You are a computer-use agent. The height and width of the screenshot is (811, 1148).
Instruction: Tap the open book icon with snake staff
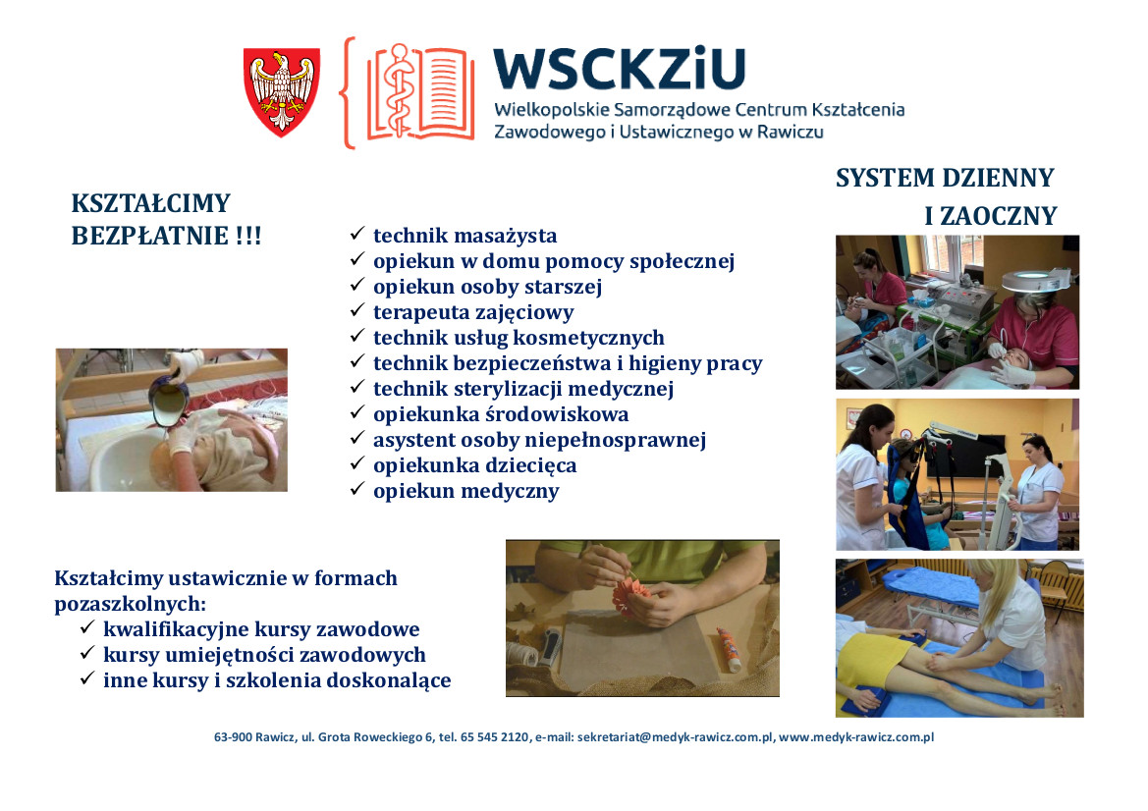coord(420,92)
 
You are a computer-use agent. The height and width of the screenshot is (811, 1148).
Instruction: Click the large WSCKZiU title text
coord(620,69)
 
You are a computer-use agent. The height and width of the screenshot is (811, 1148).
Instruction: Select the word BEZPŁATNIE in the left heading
coord(149,236)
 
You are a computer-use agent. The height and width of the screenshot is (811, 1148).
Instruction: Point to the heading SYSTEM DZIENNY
coord(945,178)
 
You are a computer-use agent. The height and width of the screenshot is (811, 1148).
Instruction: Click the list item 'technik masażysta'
coord(465,236)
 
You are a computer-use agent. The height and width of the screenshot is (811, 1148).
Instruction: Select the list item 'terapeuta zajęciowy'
coord(473,312)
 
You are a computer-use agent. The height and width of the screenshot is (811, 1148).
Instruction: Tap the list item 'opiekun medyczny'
coord(465,491)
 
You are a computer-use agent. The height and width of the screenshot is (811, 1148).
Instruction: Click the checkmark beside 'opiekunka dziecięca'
coord(357,463)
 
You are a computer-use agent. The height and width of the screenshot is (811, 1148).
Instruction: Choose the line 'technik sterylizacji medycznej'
coord(523,389)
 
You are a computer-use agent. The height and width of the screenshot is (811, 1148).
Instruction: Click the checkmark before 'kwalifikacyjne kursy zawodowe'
coord(87,627)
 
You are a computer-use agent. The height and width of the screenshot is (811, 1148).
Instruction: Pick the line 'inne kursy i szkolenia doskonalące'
coord(277,680)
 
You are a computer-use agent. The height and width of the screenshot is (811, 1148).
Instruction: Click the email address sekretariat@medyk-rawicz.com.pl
coord(675,737)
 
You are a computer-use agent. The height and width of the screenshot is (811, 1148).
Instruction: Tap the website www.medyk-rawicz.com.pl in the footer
coord(856,737)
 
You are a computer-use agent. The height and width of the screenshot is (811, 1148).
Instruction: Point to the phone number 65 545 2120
coord(494,737)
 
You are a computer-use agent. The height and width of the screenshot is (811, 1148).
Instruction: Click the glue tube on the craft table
coord(729,649)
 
